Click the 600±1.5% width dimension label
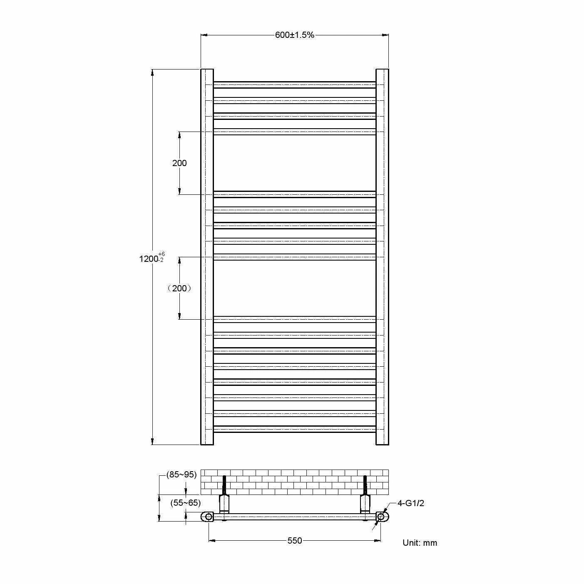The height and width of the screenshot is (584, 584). [294, 35]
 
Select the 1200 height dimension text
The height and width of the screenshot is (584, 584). [149, 259]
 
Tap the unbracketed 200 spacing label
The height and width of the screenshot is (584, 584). [179, 163]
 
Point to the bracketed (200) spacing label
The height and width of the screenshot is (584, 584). [179, 288]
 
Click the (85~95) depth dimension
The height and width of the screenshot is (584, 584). [181, 475]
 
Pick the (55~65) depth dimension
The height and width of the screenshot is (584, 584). [185, 503]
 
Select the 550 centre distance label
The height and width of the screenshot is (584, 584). [295, 541]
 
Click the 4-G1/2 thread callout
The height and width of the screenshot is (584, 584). [410, 503]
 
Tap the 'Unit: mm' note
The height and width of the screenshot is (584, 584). [420, 543]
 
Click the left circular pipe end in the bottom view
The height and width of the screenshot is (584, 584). [209, 517]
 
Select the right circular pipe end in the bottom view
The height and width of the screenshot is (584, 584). [380, 517]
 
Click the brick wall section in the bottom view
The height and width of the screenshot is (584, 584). [294, 482]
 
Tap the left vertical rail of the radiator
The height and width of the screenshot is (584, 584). [207, 256]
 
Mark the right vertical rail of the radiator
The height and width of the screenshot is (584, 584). [382, 256]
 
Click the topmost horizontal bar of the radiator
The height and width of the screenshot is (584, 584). [294, 85]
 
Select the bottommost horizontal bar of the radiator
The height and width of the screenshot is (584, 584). [294, 429]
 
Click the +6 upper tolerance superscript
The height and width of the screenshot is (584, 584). [162, 254]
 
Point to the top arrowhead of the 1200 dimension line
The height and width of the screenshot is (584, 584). [152, 73]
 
